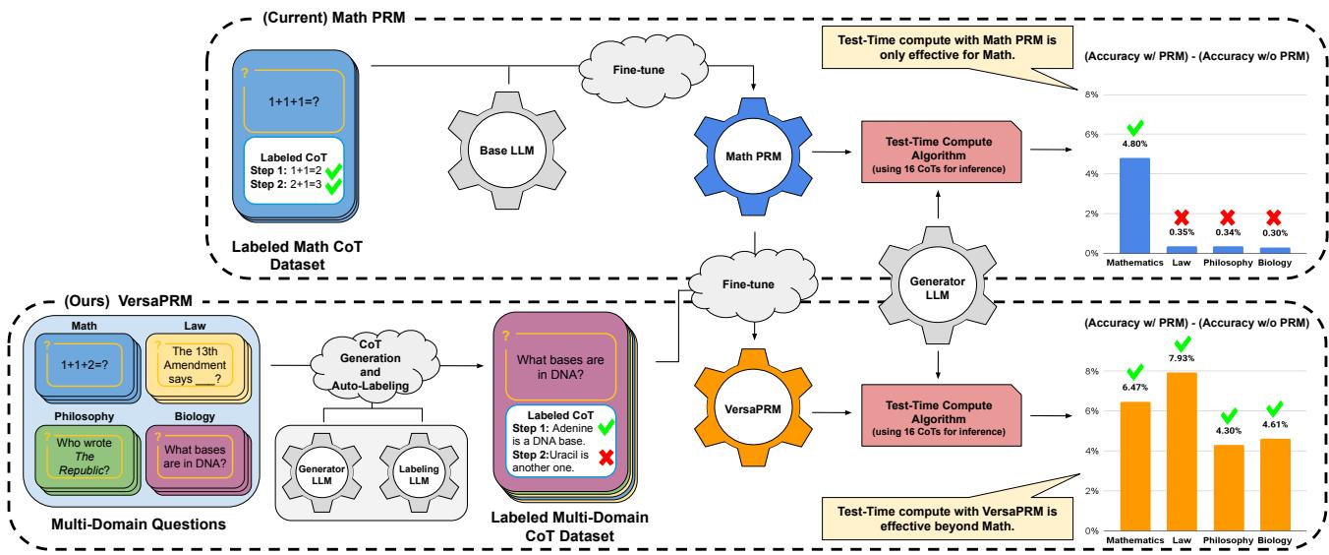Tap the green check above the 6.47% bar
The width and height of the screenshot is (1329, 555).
(1135, 373)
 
